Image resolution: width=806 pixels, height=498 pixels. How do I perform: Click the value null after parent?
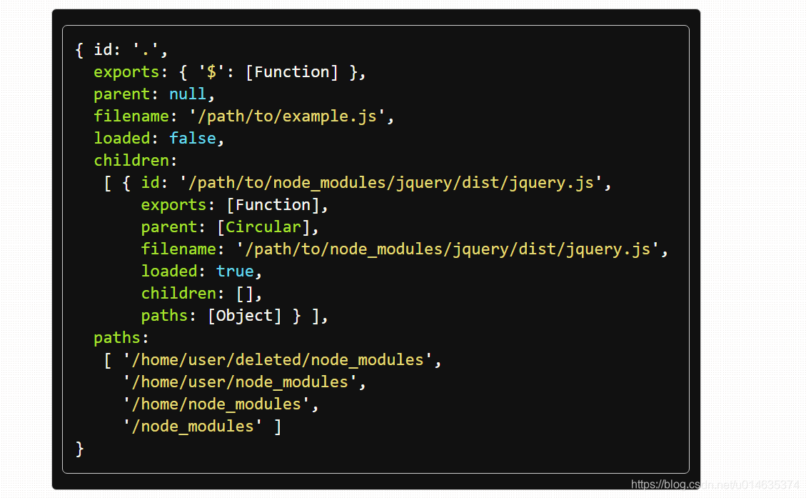click(x=187, y=94)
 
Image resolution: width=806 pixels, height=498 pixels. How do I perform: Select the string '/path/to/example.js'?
click(x=291, y=116)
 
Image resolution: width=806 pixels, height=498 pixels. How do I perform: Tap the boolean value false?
click(x=192, y=139)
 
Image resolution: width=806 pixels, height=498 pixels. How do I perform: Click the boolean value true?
click(x=235, y=272)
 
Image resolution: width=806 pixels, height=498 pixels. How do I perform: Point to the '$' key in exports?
click(x=211, y=72)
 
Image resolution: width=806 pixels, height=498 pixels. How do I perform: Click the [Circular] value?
click(x=263, y=227)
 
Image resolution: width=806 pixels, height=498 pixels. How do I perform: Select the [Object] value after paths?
click(x=244, y=316)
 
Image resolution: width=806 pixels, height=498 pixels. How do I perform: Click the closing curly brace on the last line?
click(x=80, y=449)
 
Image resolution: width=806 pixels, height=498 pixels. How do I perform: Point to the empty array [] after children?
click(x=244, y=294)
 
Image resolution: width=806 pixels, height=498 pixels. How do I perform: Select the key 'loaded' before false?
click(x=121, y=139)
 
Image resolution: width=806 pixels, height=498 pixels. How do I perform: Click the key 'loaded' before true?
click(x=169, y=272)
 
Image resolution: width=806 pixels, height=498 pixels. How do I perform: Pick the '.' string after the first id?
click(x=150, y=50)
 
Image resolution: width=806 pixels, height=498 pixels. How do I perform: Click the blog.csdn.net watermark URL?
click(x=715, y=484)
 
